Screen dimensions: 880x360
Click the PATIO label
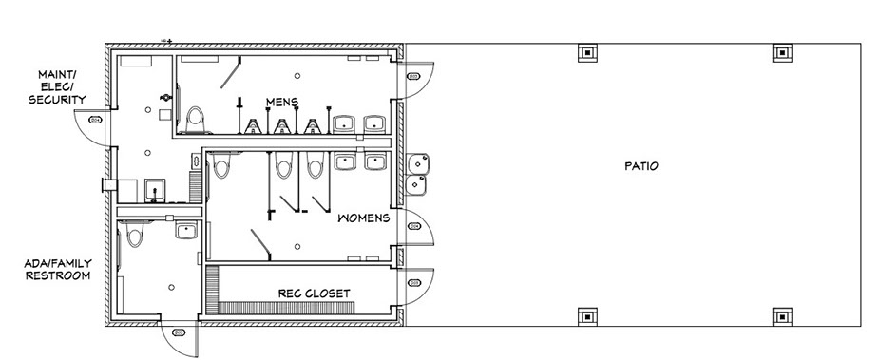[641, 166]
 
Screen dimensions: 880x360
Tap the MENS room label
[281, 102]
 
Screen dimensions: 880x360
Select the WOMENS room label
[364, 218]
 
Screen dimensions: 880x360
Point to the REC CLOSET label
[314, 294]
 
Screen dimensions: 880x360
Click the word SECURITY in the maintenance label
[57, 100]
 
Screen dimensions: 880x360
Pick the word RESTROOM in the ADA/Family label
[58, 275]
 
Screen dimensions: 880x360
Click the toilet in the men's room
[196, 120]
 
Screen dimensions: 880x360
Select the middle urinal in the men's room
[281, 125]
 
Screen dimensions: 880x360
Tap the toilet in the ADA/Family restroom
[134, 234]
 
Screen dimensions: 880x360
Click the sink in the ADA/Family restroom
[185, 230]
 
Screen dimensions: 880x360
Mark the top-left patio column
[587, 52]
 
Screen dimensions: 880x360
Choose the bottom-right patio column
[782, 317]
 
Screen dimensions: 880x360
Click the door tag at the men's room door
[413, 76]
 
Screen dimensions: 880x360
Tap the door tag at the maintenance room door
[95, 120]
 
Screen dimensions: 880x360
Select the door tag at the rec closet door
[414, 283]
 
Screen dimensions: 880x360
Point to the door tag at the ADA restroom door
[179, 332]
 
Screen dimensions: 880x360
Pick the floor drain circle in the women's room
[297, 247]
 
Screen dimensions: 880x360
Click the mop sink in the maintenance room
[154, 190]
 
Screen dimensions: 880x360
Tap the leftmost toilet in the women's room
[222, 165]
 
